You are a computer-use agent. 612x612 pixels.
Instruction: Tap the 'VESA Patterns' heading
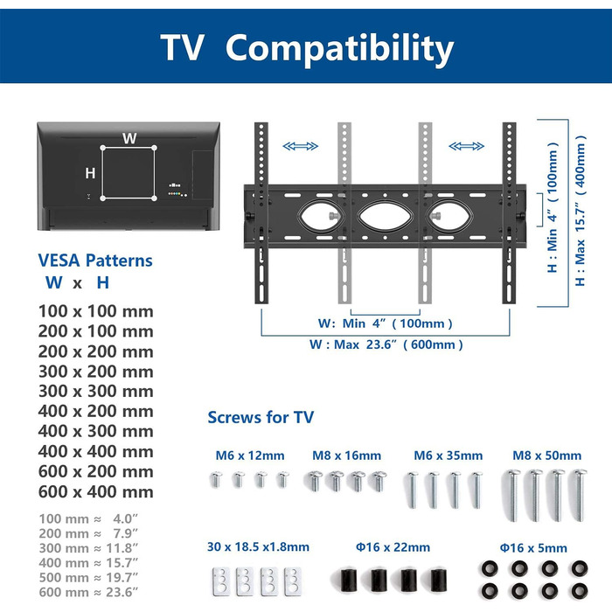(95, 261)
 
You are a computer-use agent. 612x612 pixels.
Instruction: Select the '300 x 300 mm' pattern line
(95, 391)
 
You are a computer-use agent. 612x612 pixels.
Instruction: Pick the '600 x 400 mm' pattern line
(95, 491)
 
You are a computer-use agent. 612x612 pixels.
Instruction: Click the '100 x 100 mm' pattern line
(95, 311)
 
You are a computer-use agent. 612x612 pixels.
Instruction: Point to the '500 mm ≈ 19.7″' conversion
(88, 578)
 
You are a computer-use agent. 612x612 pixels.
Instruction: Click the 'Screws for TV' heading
(261, 417)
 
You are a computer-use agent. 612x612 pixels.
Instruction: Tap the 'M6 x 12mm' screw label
(250, 456)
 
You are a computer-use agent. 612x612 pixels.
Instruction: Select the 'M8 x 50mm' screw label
(546, 456)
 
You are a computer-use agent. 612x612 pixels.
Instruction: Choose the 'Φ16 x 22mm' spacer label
(393, 547)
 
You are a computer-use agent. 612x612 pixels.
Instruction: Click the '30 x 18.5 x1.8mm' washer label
(258, 546)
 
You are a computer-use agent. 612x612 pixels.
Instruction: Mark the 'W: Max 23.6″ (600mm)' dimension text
(386, 344)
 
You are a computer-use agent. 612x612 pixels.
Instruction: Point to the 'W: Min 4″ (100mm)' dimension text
(386, 323)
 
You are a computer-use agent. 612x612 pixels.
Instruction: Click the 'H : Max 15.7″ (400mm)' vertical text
(581, 211)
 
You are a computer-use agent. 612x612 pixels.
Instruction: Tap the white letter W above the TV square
(129, 138)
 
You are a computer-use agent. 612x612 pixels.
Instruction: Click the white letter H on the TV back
(90, 173)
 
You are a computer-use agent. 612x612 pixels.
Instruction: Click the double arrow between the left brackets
(300, 146)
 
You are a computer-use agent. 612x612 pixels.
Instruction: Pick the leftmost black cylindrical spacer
(349, 580)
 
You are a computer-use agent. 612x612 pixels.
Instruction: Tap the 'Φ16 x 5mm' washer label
(533, 548)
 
